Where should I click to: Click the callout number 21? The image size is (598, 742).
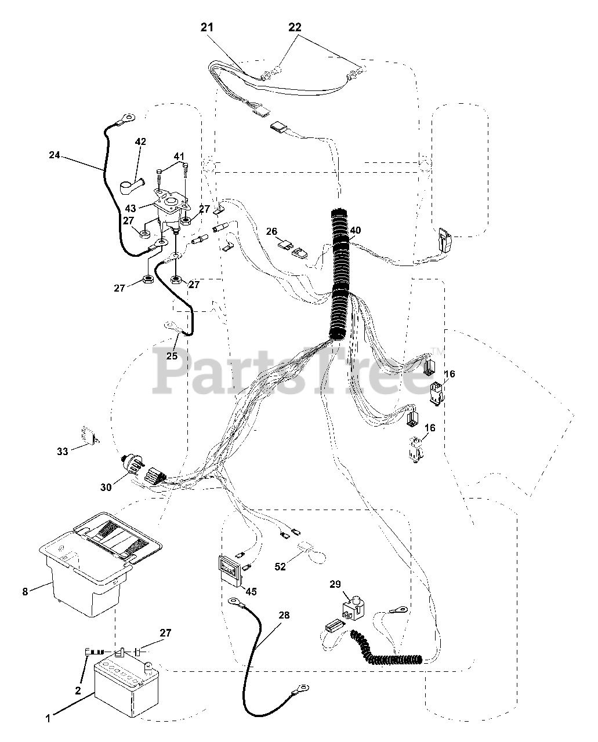208,27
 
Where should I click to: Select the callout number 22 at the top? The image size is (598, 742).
295,27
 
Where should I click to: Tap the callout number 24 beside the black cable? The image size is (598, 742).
55,155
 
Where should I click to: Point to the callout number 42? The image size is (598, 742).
140,141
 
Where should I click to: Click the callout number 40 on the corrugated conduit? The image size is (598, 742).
355,230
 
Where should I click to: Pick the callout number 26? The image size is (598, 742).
271,231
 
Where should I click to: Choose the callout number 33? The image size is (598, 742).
62,451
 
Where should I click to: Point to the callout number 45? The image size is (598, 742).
251,591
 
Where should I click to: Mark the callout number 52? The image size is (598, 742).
280,566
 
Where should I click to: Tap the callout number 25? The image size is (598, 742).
172,355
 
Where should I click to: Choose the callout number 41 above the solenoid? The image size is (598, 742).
179,156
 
